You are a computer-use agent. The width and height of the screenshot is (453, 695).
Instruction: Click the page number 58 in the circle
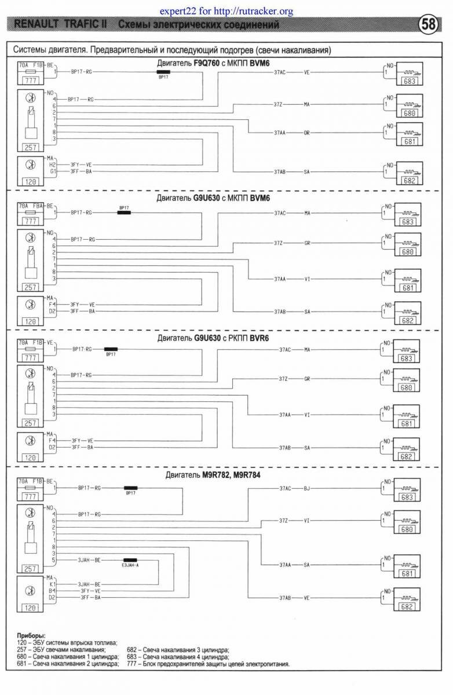(428, 25)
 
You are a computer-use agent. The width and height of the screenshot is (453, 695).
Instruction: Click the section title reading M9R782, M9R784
(231, 475)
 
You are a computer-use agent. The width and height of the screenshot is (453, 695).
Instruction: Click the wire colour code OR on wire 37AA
(306, 133)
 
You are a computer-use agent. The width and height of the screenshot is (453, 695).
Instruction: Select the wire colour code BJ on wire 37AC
(306, 488)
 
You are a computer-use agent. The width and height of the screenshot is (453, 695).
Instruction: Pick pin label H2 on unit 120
(52, 164)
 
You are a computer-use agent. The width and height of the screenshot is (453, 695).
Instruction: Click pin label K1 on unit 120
(52, 584)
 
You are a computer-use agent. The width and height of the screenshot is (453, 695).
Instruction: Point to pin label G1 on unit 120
(52, 171)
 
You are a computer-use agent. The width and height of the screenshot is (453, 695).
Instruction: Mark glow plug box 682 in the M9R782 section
(407, 606)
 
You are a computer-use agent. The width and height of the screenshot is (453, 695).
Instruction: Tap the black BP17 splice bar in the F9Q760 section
(163, 72)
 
